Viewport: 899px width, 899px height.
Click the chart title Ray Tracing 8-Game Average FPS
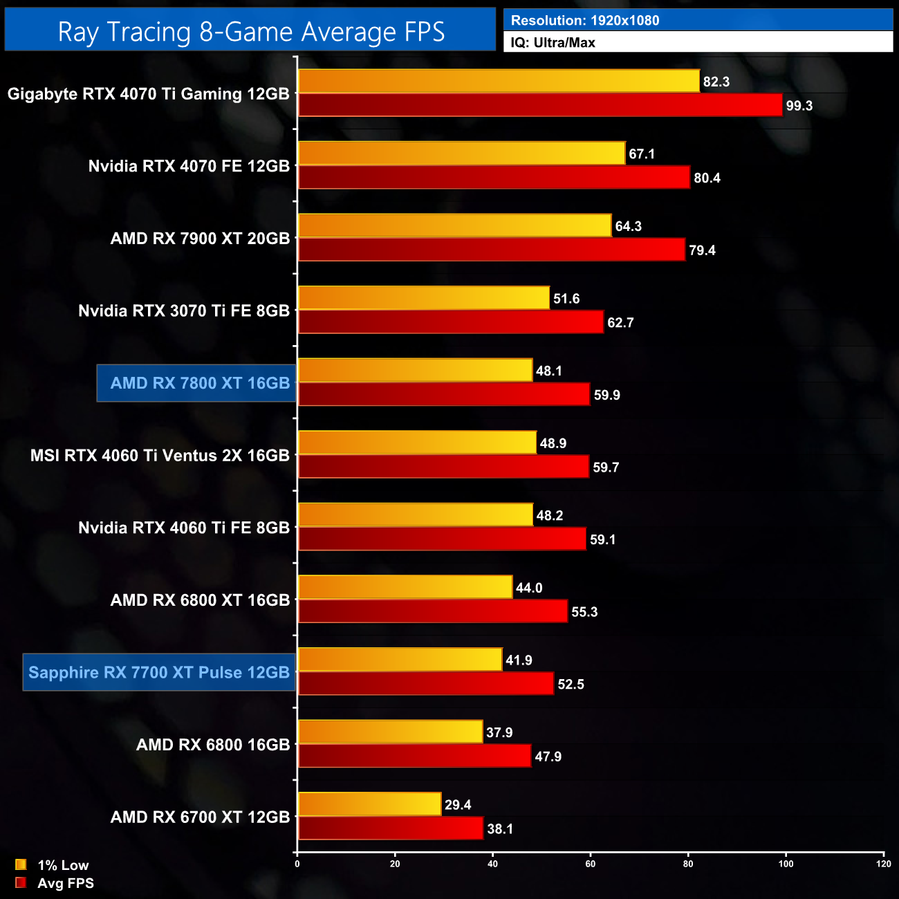tap(250, 32)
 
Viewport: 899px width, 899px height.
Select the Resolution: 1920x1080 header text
tap(585, 21)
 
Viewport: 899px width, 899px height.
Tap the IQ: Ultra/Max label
tap(553, 43)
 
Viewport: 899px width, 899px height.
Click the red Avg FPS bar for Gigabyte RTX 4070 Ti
tap(539, 106)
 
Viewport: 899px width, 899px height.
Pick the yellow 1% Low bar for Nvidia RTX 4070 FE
tap(461, 154)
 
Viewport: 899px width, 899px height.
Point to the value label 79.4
tap(702, 250)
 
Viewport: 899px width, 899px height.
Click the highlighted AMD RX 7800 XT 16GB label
tap(200, 383)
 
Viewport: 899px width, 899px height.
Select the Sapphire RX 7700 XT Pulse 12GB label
tap(159, 672)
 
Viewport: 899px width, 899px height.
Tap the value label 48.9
tap(553, 443)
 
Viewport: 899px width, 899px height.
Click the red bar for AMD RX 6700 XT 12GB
tap(390, 828)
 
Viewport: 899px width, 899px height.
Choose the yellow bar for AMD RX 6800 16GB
tap(390, 732)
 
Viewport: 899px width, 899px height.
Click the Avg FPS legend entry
tap(55, 883)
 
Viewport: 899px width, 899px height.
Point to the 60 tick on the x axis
tap(591, 864)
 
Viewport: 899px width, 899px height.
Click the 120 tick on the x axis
tap(883, 864)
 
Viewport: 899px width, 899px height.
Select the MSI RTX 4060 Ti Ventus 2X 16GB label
tap(160, 456)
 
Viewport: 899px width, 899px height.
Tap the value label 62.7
tap(620, 323)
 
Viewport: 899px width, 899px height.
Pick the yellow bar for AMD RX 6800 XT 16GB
tap(405, 588)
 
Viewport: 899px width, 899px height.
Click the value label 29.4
tap(458, 805)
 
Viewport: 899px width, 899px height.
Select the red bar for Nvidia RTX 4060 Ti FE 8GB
tap(442, 539)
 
